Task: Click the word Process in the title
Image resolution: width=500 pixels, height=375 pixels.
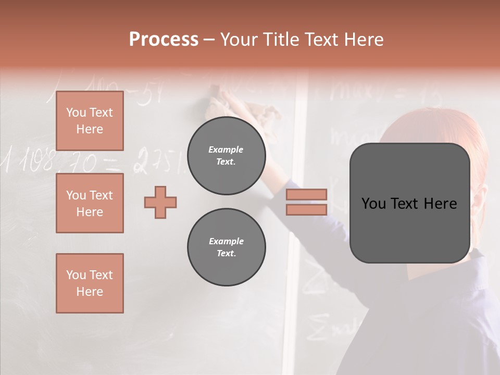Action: tap(164, 40)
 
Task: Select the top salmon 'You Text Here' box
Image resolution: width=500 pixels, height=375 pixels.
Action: tap(90, 121)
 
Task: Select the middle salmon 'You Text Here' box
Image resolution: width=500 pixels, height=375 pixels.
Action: tap(90, 203)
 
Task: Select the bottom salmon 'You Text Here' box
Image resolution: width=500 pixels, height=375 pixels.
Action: tap(90, 283)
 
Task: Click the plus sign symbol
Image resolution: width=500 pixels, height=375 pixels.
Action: tap(160, 202)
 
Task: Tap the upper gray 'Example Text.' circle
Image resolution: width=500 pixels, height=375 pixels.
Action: tap(226, 155)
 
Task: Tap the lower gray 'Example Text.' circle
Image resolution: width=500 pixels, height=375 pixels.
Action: tap(226, 247)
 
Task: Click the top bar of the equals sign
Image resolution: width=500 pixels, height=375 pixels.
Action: tap(306, 194)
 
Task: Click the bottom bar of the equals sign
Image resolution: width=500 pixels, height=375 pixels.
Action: tap(306, 209)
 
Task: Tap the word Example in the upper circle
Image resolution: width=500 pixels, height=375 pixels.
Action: tap(226, 149)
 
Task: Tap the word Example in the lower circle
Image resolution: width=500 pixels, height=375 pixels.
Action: tap(226, 241)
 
